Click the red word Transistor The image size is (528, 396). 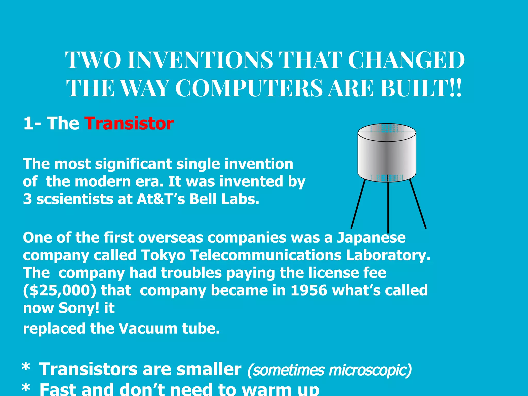129,123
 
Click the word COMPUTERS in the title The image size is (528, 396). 249,88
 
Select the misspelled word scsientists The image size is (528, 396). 75,199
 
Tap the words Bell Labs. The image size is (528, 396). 224,199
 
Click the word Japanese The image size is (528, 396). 371,237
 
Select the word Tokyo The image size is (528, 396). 163,255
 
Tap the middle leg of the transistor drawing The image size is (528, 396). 388,206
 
